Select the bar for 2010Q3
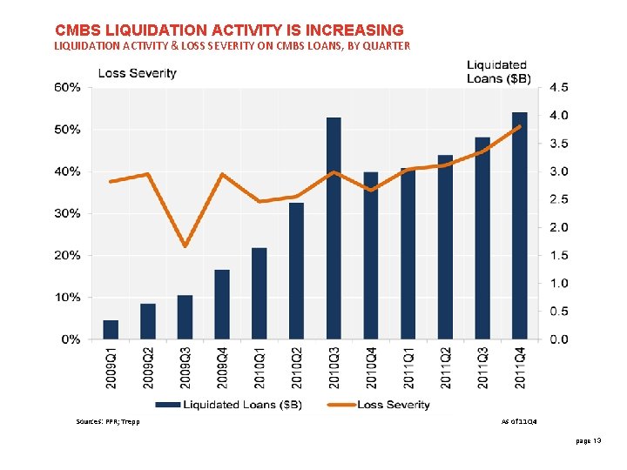pyautogui.click(x=334, y=228)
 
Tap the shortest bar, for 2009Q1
pyautogui.click(x=111, y=329)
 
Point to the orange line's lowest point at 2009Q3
pyautogui.click(x=185, y=245)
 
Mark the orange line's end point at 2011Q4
pyautogui.click(x=519, y=127)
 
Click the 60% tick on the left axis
pyautogui.click(x=69, y=88)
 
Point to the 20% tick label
pyautogui.click(x=69, y=256)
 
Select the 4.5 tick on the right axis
pyautogui.click(x=558, y=88)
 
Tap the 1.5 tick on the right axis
pyautogui.click(x=558, y=256)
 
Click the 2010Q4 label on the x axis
pyautogui.click(x=371, y=366)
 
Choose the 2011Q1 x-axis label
pyautogui.click(x=408, y=366)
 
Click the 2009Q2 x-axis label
pyautogui.click(x=148, y=366)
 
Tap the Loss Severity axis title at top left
pyautogui.click(x=137, y=73)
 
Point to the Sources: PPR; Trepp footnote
pyautogui.click(x=108, y=421)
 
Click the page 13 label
pyautogui.click(x=589, y=442)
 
